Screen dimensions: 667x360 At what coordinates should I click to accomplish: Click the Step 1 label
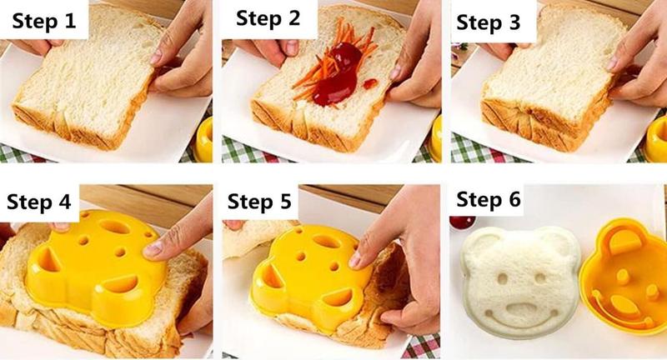pyautogui.click(x=44, y=21)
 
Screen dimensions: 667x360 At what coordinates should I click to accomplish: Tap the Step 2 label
pyautogui.click(x=268, y=18)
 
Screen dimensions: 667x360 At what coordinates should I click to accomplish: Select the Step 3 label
pyautogui.click(x=488, y=22)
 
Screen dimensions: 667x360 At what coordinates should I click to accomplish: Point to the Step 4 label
pyautogui.click(x=38, y=202)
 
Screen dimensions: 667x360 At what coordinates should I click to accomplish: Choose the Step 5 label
pyautogui.click(x=259, y=202)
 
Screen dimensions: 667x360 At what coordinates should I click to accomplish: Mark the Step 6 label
pyautogui.click(x=489, y=199)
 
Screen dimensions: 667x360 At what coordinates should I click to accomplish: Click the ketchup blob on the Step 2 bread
pyautogui.click(x=338, y=73)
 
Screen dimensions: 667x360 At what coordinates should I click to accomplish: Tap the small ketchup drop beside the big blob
pyautogui.click(x=370, y=83)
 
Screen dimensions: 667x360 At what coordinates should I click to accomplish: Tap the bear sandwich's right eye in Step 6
pyautogui.click(x=540, y=278)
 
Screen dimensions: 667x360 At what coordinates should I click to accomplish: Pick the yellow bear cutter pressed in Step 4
pyautogui.click(x=96, y=267)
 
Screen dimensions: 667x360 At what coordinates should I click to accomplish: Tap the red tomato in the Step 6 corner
pyautogui.click(x=462, y=222)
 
